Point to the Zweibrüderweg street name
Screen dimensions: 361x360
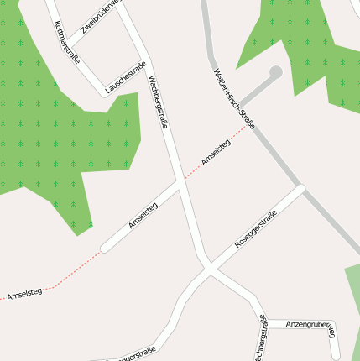click(102, 18)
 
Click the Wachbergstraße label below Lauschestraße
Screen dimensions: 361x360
click(159, 101)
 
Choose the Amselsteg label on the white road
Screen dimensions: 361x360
click(143, 216)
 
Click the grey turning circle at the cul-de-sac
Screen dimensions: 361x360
click(274, 73)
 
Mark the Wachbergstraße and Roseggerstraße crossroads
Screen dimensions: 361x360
click(208, 269)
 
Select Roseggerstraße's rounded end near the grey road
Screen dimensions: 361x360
click(300, 188)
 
